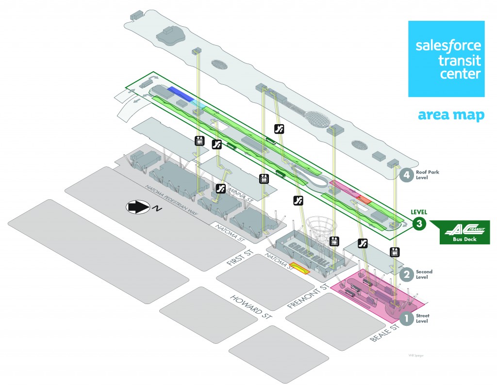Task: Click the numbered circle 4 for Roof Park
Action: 406,175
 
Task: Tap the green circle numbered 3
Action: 419,224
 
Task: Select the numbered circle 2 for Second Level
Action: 406,274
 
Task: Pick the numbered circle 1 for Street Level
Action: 406,319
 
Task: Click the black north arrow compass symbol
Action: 138,207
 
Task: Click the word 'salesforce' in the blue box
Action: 448,46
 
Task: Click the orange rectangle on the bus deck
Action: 364,198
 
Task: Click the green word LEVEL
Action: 419,212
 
